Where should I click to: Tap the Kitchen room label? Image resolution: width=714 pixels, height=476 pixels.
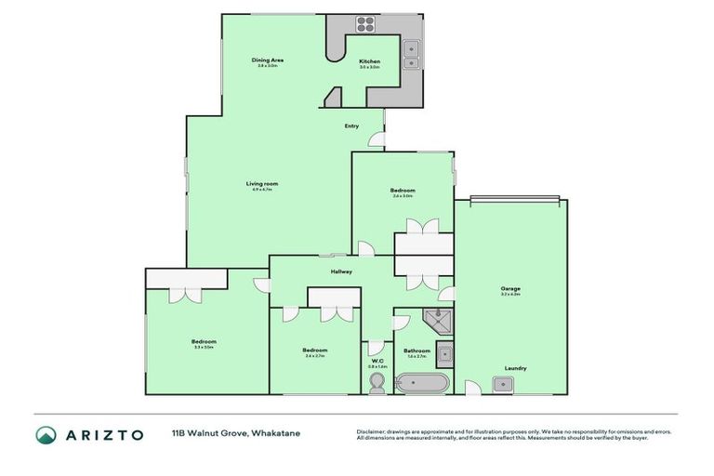[x=369, y=61]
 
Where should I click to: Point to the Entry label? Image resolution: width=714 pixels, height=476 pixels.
[x=351, y=126]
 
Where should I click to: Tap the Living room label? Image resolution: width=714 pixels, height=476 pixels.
[x=262, y=183]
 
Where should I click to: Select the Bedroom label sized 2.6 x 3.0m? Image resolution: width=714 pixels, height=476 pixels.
[x=403, y=191]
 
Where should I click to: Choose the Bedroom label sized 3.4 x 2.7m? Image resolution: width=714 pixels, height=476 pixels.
[x=314, y=351]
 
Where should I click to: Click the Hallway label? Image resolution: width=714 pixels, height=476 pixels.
[x=341, y=271]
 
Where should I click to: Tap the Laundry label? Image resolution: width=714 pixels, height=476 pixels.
[x=515, y=368]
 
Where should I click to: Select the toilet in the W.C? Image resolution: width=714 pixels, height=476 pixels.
[x=377, y=384]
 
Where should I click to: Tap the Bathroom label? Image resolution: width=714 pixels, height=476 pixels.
[x=416, y=350]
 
